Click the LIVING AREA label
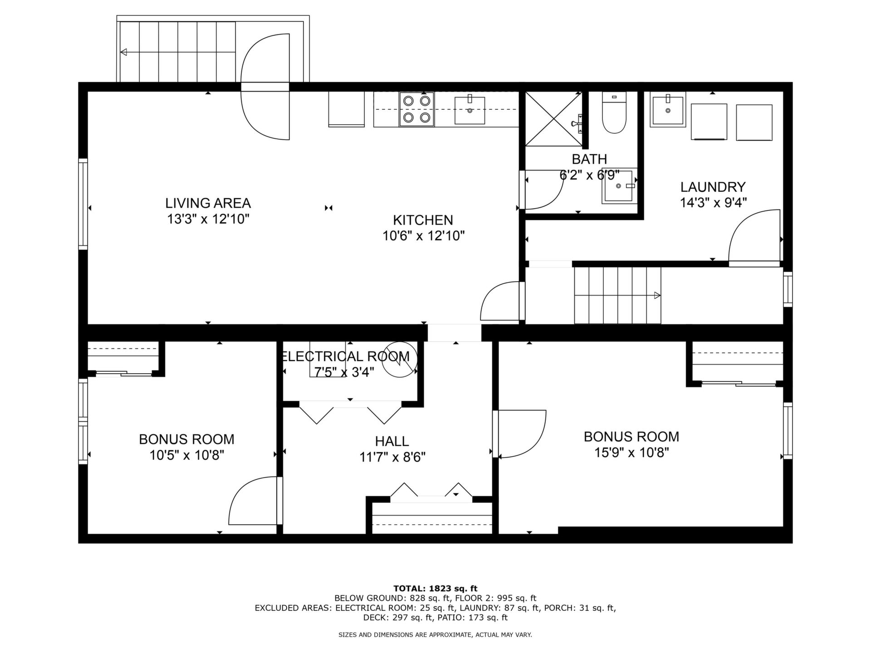tap(208, 203)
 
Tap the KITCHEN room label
tap(423, 220)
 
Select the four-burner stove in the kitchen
tap(416, 109)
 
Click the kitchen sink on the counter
tap(470, 110)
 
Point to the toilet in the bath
tap(614, 112)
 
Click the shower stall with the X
tap(553, 119)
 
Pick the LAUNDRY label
tap(713, 187)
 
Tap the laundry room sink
tap(668, 109)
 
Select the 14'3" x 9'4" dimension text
tap(713, 202)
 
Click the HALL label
tap(392, 441)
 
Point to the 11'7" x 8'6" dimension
tap(392, 457)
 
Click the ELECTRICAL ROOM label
tap(346, 356)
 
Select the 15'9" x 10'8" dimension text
tap(631, 452)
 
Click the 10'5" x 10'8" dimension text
tap(187, 455)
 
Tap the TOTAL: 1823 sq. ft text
tap(435, 589)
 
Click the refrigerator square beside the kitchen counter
tap(347, 109)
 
